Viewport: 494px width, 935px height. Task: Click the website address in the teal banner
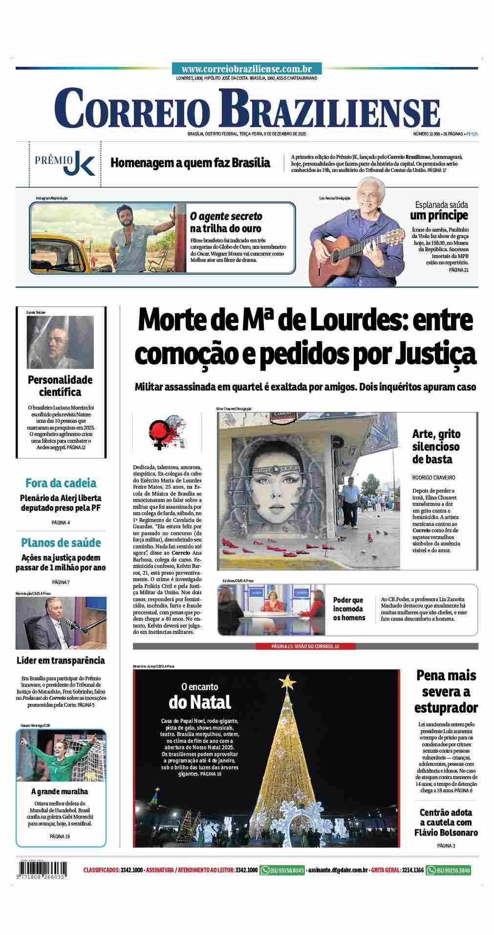click(247, 69)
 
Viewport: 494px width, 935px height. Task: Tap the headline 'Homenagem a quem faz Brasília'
click(190, 163)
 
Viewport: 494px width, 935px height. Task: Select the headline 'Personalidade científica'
click(60, 386)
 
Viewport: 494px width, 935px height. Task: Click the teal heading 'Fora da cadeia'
click(61, 483)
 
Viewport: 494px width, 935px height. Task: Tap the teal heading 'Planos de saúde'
click(61, 543)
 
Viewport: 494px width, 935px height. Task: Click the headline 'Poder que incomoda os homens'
click(349, 609)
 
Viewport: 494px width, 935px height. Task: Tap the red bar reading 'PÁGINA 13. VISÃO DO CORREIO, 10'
click(305, 646)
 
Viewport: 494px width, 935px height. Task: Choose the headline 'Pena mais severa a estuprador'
click(446, 691)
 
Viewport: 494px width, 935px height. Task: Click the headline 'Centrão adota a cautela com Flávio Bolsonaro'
click(446, 823)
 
